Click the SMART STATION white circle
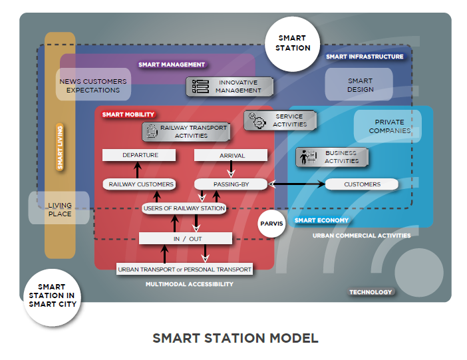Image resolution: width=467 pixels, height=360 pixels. coord(293,44)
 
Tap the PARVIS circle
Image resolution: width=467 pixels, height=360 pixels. coord(271,224)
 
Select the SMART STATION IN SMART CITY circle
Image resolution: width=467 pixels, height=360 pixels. coord(52,295)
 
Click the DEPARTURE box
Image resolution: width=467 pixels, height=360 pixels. coord(140,155)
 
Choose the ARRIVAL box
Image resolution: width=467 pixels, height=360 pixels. coord(231,155)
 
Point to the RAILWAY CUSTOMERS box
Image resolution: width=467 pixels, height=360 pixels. coord(141,184)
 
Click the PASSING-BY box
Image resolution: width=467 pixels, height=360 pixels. coord(230,184)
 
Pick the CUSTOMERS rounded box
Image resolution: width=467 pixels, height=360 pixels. coord(362,184)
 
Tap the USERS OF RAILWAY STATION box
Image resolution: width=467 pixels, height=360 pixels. coord(184,208)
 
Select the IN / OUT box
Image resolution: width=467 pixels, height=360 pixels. coord(186,238)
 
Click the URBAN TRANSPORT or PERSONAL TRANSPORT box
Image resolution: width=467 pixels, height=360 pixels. coord(184,270)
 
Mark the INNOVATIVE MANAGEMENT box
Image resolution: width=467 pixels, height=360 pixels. coord(230,87)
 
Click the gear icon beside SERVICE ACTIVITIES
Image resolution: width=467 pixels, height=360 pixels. coord(255,120)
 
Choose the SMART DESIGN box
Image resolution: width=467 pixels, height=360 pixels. coord(360,85)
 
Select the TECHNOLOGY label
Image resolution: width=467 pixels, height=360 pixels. coord(371,291)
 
